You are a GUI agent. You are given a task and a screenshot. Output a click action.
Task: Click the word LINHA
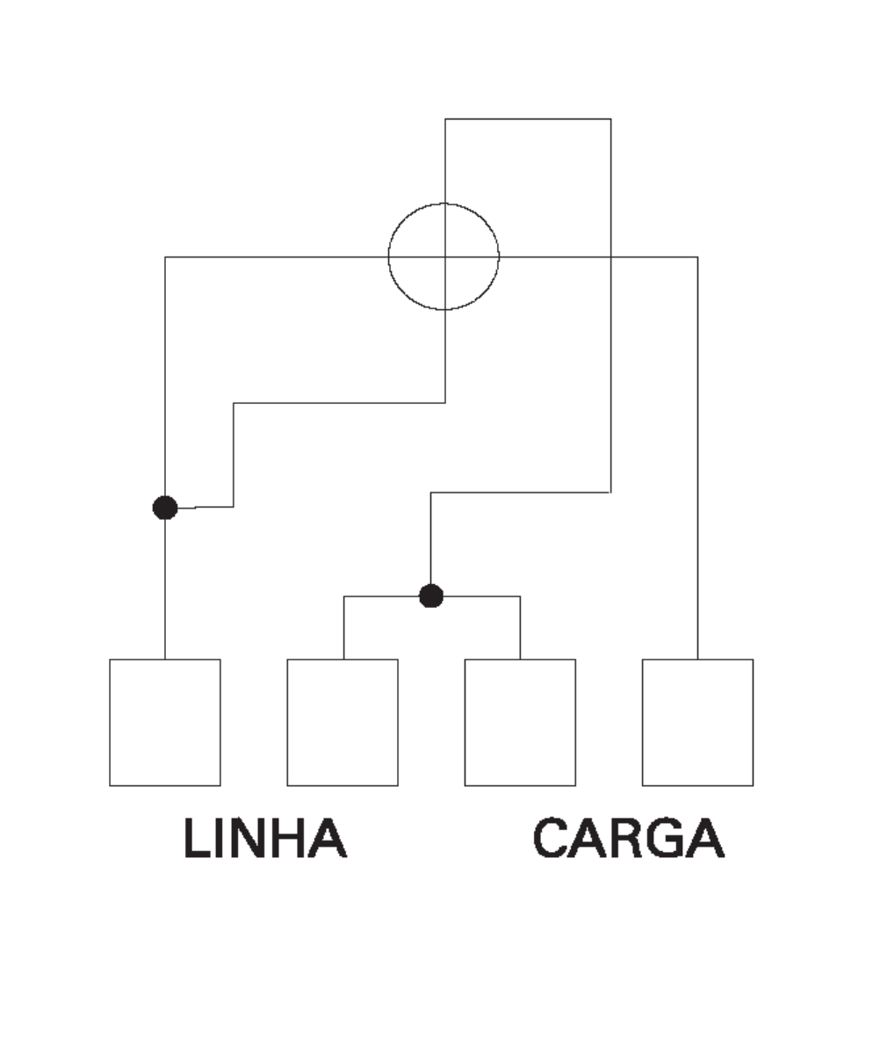[x=265, y=838]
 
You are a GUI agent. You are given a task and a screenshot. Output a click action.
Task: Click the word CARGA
[x=628, y=838]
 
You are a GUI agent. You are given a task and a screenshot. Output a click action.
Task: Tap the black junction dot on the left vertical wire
[x=165, y=508]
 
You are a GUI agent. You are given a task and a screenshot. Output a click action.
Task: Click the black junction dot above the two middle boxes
[x=431, y=595]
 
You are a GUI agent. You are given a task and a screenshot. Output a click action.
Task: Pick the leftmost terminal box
[x=165, y=722]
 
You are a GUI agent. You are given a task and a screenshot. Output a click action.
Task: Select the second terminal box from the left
[x=343, y=722]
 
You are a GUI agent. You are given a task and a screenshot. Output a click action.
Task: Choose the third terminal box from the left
[x=520, y=722]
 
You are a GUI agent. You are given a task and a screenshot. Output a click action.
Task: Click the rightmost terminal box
[x=698, y=722]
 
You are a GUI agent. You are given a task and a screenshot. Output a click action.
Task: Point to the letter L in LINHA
[x=197, y=838]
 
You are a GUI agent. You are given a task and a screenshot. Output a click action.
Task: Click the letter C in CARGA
[x=552, y=838]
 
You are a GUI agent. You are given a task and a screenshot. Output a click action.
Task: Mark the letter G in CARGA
[x=667, y=838]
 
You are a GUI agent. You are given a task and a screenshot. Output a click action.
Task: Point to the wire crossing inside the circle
[x=445, y=256]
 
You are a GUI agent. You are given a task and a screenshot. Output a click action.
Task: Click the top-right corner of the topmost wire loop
[x=610, y=119]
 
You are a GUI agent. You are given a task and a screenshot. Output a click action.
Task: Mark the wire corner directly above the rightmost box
[x=698, y=256]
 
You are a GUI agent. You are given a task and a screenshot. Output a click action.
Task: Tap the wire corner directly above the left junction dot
[x=165, y=256]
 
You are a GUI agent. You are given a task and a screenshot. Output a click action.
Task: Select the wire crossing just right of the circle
[x=610, y=256]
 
